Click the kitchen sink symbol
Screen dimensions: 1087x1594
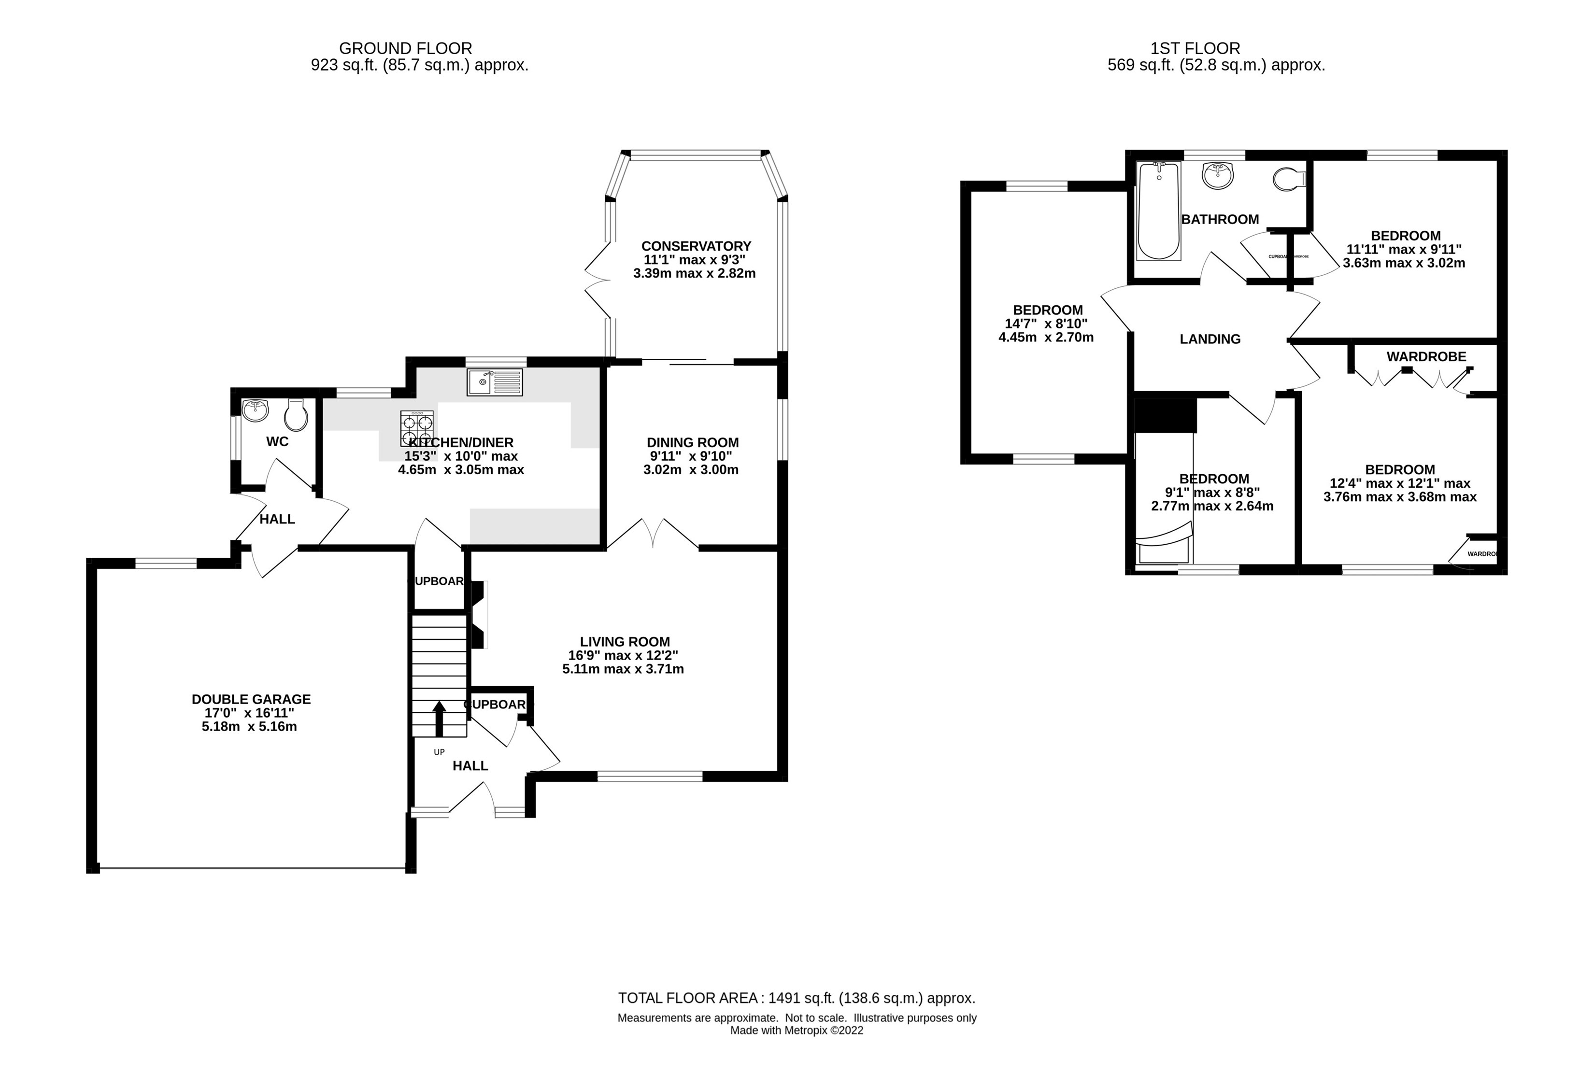coord(495,381)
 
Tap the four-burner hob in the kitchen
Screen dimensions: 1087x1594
coord(418,429)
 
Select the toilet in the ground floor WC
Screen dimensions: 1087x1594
coord(296,414)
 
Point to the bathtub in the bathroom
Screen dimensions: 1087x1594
coord(1158,211)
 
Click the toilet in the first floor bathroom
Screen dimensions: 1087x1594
coord(1288,180)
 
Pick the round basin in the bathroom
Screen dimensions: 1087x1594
coord(1217,174)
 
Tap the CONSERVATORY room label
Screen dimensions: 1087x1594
coord(696,245)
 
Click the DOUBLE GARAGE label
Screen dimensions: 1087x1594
coord(251,699)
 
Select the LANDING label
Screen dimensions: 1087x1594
coord(1210,339)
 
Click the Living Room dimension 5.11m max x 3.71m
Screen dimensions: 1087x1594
coord(623,669)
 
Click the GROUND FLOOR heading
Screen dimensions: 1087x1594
coord(405,49)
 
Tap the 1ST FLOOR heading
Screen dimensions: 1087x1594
coord(1195,49)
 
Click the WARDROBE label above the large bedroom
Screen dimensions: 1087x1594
coord(1426,356)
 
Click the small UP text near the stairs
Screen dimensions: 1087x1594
coord(439,752)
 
